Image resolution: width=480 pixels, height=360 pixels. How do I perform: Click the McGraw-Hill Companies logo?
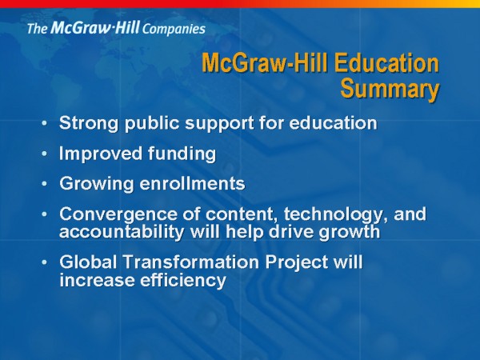point(116,28)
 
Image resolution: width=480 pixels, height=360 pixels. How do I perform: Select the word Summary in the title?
point(390,89)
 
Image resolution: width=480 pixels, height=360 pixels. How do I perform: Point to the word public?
point(152,123)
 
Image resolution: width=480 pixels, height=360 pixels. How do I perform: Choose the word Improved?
point(101,154)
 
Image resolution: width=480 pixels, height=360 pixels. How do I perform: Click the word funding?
point(182,154)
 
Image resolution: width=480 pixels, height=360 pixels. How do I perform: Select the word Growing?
point(97,184)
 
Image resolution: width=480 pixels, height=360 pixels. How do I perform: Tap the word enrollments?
point(192,183)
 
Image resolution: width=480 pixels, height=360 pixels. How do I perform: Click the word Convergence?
point(118,214)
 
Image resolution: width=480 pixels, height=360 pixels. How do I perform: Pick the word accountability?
point(122,232)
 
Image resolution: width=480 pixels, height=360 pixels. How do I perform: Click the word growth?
point(350,232)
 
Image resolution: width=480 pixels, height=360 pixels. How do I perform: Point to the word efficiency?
point(183,281)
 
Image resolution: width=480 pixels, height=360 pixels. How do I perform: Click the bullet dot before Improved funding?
point(44,154)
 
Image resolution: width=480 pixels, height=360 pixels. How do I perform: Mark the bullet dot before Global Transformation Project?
point(44,262)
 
